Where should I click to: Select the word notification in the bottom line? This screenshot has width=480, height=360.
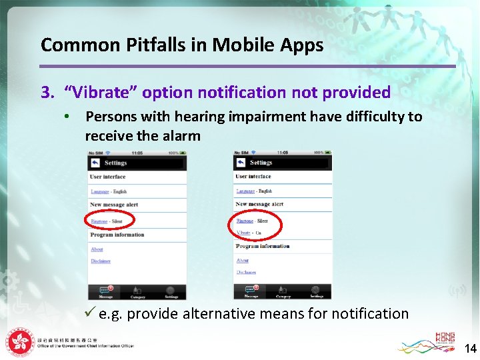click(x=369, y=313)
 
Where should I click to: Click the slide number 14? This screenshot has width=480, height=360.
click(x=470, y=348)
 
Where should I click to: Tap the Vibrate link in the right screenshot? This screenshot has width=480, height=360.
click(x=243, y=233)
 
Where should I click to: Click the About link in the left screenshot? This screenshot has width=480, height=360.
click(x=97, y=249)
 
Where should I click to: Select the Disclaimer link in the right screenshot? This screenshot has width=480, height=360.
click(x=247, y=272)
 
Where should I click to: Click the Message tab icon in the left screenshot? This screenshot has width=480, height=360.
click(x=105, y=292)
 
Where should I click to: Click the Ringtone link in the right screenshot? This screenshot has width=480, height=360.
click(x=245, y=221)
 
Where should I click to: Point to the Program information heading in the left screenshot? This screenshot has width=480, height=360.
click(x=117, y=235)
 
